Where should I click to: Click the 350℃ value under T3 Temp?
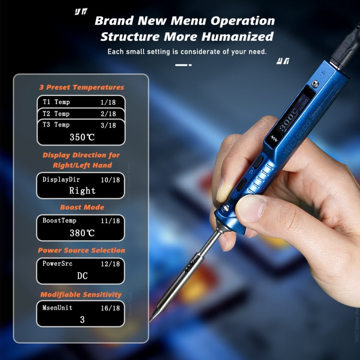tap(83, 137)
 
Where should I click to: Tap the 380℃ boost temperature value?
tap(83, 233)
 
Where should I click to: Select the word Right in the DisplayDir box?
tap(83, 191)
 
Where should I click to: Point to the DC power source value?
tap(83, 276)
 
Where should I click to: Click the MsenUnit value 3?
tap(83, 319)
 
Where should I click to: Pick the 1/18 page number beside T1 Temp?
tap(108, 102)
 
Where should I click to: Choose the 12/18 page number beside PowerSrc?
tap(110, 264)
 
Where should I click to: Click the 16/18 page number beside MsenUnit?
tap(110, 308)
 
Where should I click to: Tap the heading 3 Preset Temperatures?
tap(82, 87)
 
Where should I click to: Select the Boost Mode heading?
tap(82, 207)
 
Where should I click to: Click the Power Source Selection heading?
tap(82, 251)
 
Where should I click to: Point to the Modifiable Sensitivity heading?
tap(81, 294)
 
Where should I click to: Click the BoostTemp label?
tap(60, 221)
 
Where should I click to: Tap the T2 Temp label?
tap(56, 114)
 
